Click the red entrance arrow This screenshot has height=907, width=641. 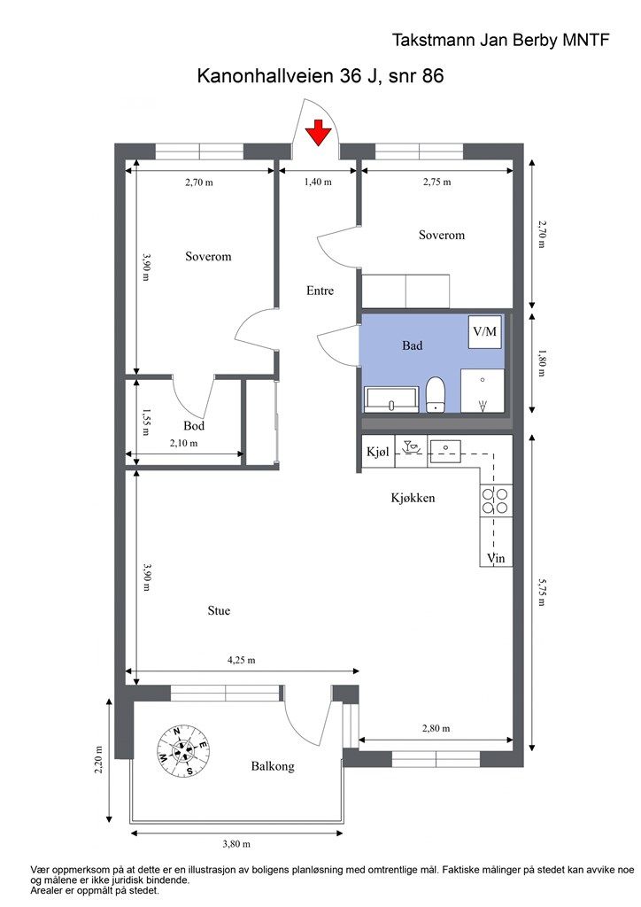pos(318,131)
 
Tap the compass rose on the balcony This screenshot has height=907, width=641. pos(183,751)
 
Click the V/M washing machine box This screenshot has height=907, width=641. pos(484,332)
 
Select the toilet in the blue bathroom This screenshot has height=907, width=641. pos(436,394)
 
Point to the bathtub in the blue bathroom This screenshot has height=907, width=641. pos(391,399)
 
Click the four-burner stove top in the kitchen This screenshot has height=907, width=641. pos(496,501)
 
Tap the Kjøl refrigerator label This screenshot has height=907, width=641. pos(378,451)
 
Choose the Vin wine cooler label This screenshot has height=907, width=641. pos(496,558)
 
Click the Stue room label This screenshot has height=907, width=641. pos(219,610)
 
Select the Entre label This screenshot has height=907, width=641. pos(320,291)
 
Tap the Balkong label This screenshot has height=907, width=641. pos(273,766)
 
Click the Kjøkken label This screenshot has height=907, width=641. pos(413,498)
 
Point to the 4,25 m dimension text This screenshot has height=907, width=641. pos(241,660)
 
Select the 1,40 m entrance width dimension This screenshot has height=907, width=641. pos(318,182)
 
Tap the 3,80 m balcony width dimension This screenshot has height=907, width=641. pos(236,844)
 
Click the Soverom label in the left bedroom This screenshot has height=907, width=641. pos(208,256)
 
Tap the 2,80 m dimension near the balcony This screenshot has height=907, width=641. pos(436,728)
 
